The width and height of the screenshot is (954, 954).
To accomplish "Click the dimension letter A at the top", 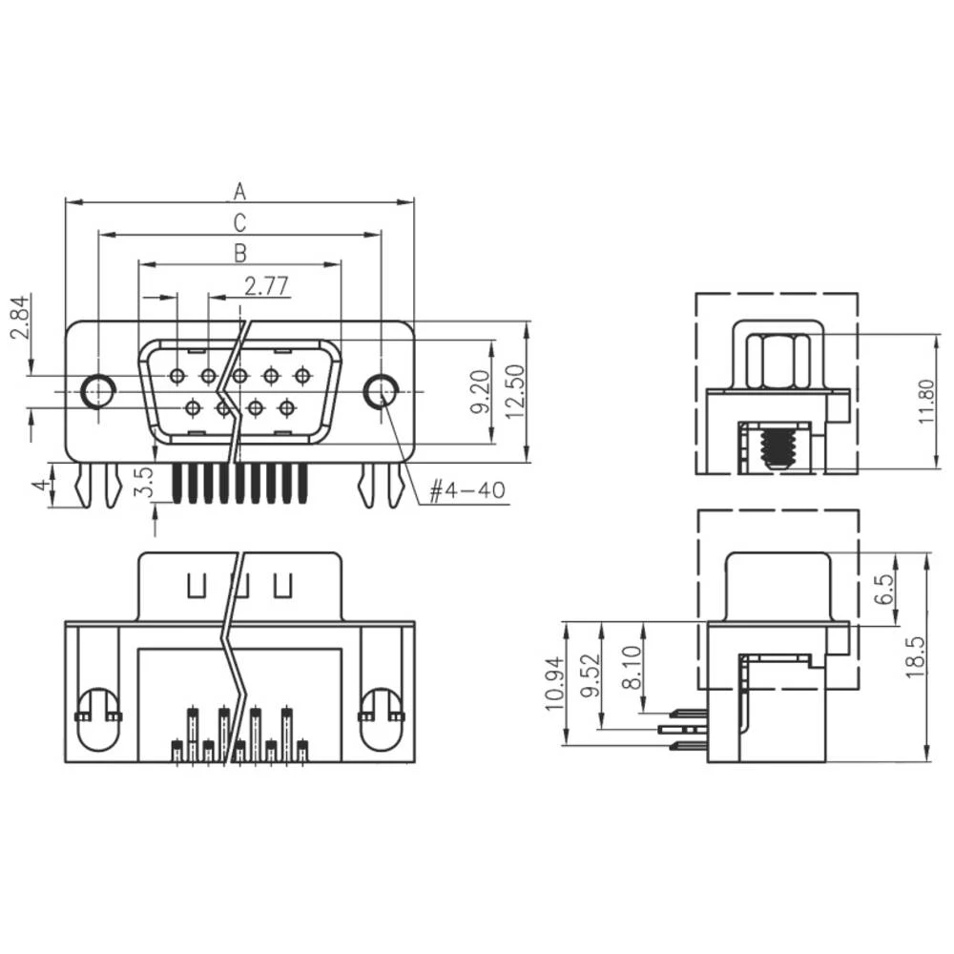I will tap(239, 192).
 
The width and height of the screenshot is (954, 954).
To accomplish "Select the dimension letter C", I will tap(239, 222).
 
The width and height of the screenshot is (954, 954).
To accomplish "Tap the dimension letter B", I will tap(239, 253).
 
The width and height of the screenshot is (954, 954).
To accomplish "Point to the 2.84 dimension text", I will tap(18, 318).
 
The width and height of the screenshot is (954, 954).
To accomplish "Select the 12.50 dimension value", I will tap(516, 392).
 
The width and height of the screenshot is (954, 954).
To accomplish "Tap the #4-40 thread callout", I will tap(467, 492).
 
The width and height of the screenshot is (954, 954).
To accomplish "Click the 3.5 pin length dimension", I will tap(143, 482).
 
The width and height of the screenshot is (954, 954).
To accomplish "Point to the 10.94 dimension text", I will tap(553, 684).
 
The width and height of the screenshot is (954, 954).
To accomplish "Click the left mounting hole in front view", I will tap(97, 390).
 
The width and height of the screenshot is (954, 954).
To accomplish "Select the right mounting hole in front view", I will tap(381, 390).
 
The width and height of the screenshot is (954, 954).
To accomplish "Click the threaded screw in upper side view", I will tap(778, 446).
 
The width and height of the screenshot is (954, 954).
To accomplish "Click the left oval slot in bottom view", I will tap(98, 718).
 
